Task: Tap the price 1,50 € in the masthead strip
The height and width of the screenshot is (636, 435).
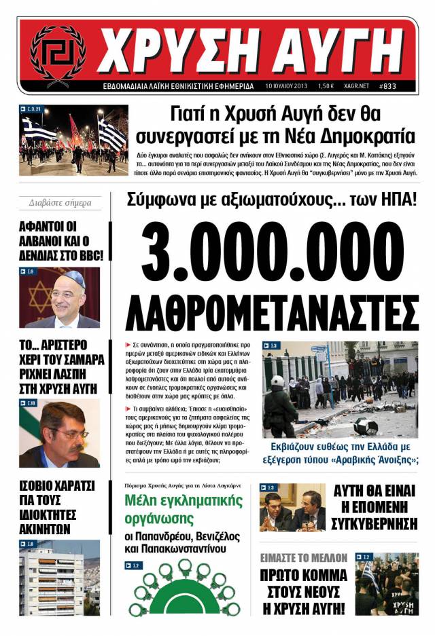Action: click(x=326, y=86)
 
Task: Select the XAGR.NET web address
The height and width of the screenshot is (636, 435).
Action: click(x=358, y=86)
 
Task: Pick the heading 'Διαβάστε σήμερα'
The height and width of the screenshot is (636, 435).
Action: click(x=60, y=202)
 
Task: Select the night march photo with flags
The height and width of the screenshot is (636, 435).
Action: click(x=73, y=140)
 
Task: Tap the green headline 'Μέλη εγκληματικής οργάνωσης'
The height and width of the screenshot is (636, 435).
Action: click(x=184, y=510)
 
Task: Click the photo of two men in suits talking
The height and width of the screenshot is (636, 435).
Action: click(x=292, y=507)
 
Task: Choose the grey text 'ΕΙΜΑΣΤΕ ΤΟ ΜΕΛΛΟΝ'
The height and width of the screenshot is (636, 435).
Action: click(x=303, y=557)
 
